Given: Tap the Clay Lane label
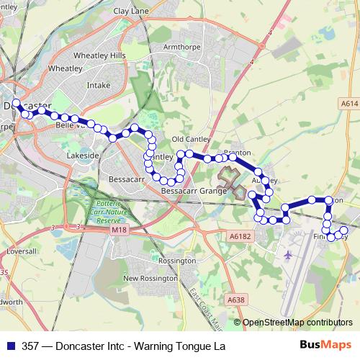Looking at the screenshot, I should [130, 12].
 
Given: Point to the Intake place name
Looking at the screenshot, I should [98, 85].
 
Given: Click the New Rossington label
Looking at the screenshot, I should [150, 278].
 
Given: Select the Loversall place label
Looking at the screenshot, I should [16, 252].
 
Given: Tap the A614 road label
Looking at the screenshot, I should [350, 104].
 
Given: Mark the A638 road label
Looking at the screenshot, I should [235, 299].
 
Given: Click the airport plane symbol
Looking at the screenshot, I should [289, 255].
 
